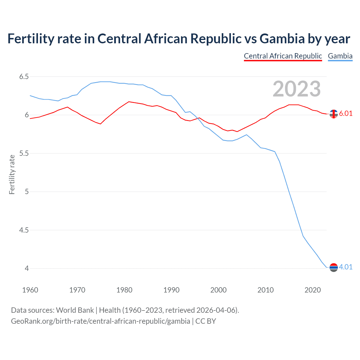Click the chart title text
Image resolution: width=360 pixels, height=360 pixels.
click(179, 39)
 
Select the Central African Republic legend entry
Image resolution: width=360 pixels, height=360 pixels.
click(283, 56)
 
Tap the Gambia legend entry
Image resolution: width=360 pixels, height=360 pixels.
click(340, 56)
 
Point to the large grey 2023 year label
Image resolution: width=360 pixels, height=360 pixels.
click(296, 89)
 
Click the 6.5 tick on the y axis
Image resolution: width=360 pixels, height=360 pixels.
click(24, 76)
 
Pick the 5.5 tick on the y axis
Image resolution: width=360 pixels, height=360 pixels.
click(24, 153)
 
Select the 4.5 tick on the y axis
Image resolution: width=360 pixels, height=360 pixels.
click(24, 230)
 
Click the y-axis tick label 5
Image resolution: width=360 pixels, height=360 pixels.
click(27, 192)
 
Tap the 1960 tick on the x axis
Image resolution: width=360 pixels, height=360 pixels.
click(30, 290)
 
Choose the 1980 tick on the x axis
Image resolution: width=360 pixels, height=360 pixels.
click(124, 290)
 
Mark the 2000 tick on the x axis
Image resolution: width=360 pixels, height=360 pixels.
click(218, 290)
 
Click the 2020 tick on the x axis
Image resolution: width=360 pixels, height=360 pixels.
click(312, 290)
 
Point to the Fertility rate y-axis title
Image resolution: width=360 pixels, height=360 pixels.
click(12, 174)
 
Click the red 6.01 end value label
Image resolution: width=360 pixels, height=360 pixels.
click(346, 113)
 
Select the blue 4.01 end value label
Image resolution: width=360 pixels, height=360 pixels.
click(346, 267)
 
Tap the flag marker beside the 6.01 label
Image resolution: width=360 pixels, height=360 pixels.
click(334, 114)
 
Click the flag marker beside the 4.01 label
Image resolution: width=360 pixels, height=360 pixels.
click(334, 267)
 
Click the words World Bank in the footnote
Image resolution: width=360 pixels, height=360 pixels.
click(75, 310)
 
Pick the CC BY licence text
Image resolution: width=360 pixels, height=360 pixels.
click(206, 321)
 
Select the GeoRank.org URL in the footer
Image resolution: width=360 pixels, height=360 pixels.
click(100, 321)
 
